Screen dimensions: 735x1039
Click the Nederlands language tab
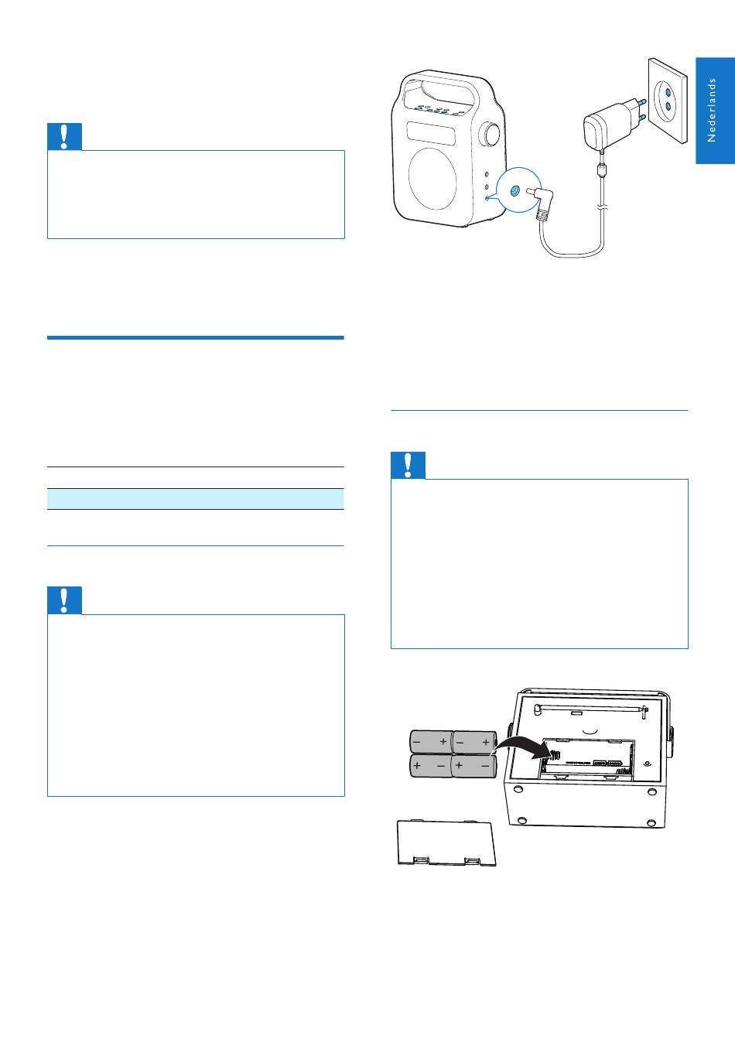tap(715, 111)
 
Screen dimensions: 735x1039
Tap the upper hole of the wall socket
tap(668, 91)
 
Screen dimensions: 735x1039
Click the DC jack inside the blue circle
tap(514, 190)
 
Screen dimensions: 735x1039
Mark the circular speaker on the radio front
tap(432, 179)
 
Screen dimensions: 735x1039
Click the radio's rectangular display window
tap(431, 134)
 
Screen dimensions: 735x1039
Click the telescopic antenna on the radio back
tap(590, 709)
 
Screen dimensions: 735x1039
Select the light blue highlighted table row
tap(195, 499)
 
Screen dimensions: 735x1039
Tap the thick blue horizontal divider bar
tap(195, 337)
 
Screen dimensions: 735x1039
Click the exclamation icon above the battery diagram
tap(408, 465)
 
